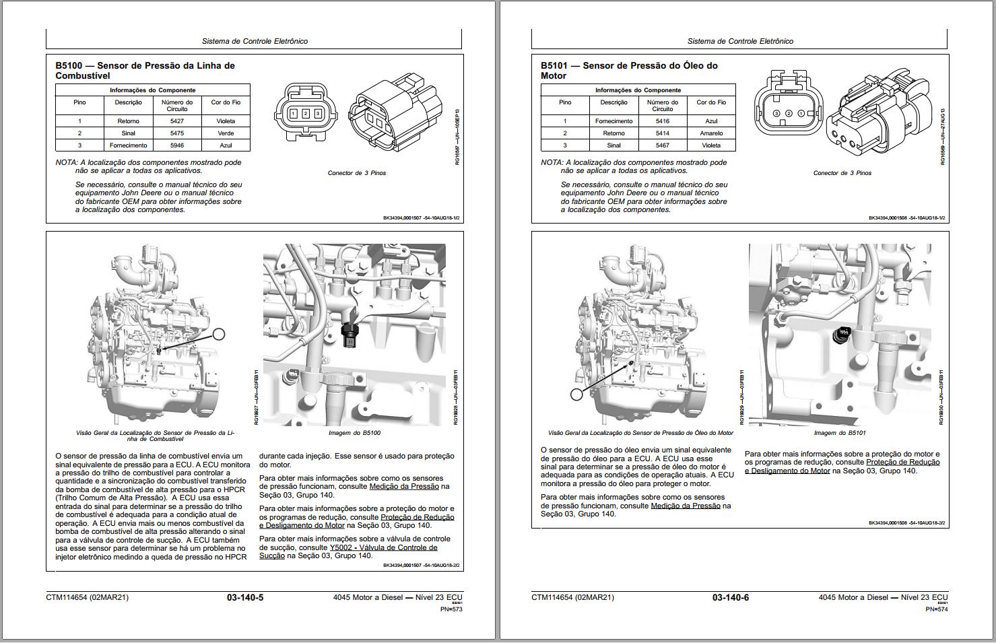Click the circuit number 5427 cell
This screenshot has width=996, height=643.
pos(177,121)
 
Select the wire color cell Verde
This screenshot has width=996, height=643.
pos(226,133)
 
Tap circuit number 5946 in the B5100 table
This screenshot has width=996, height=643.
pos(177,145)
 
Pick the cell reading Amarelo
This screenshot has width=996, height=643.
pos(711,133)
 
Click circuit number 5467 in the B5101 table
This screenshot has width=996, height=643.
pos(662,145)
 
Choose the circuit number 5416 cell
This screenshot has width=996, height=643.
pos(662,121)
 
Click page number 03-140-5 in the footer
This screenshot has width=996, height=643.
pos(245,597)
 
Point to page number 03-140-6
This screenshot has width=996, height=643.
pos(731,597)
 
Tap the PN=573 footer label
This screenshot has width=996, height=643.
pos(451,609)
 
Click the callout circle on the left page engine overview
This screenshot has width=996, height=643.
pos(218,333)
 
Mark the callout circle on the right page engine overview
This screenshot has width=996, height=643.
pos(576,395)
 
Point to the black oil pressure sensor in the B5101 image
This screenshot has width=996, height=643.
pos(841,335)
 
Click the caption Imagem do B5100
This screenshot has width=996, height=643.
pos(354,433)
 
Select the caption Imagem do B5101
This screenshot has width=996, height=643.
pos(840,433)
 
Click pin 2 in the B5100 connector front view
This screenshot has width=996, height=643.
pos(305,114)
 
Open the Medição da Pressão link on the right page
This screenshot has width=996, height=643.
pos(686,506)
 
